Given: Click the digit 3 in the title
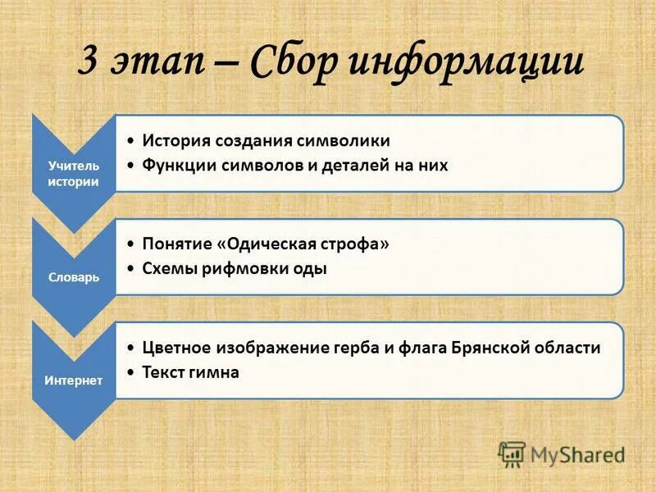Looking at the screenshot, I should click(90, 62).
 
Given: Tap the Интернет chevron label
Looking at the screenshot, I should click(73, 380).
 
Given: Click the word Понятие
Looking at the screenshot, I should click(177, 244).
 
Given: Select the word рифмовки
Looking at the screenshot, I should click(237, 268).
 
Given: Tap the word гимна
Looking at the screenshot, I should click(212, 371).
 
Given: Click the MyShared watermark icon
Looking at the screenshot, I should click(512, 453).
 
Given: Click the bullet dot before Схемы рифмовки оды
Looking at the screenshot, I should click(133, 269).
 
